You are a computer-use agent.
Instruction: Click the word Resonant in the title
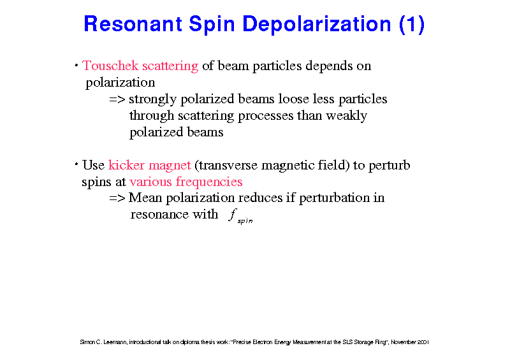click(133, 24)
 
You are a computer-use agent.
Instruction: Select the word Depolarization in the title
click(316, 25)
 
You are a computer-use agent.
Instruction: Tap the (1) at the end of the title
click(412, 25)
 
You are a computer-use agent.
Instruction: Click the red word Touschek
click(110, 66)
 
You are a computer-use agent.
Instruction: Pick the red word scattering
click(170, 67)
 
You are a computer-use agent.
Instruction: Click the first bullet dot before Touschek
click(76, 66)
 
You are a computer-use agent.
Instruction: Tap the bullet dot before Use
click(76, 164)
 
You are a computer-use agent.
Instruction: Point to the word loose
click(291, 99)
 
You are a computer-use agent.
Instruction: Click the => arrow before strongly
click(117, 99)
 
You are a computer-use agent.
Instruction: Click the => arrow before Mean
click(117, 198)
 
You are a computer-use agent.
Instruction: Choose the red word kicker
click(126, 165)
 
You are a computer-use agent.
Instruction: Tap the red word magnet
click(170, 166)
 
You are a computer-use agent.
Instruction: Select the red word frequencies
click(209, 182)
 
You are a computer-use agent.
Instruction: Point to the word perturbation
click(336, 199)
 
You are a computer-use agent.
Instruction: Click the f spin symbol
click(240, 216)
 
